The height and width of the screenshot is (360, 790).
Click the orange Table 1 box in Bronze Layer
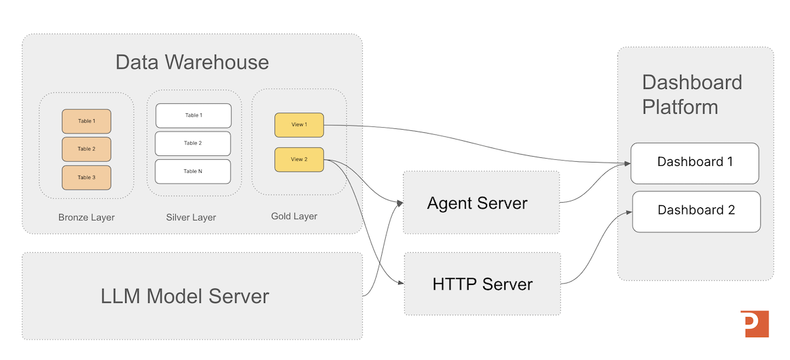pyautogui.click(x=86, y=121)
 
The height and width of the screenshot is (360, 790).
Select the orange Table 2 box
pyautogui.click(x=86, y=149)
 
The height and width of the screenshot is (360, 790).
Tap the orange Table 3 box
pyautogui.click(x=86, y=178)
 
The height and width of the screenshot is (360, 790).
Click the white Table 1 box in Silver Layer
pyautogui.click(x=193, y=116)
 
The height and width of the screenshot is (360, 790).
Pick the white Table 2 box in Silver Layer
pyautogui.click(x=193, y=143)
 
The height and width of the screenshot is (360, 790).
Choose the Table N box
pyautogui.click(x=193, y=172)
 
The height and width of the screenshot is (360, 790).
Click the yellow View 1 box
pyautogui.click(x=299, y=124)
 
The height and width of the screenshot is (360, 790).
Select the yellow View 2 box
pyautogui.click(x=299, y=159)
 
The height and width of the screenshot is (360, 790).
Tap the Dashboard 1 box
pyautogui.click(x=695, y=163)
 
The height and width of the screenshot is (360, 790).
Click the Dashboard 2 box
pyautogui.click(x=696, y=211)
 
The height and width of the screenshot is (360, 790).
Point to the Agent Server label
pyautogui.click(x=477, y=203)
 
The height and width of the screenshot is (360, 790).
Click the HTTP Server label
pyautogui.click(x=482, y=284)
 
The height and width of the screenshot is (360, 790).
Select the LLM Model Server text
pyautogui.click(x=185, y=296)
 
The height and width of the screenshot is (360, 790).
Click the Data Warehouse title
pyautogui.click(x=192, y=63)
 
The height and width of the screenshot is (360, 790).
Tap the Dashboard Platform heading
pyautogui.click(x=692, y=94)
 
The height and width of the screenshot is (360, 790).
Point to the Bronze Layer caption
pyautogui.click(x=86, y=217)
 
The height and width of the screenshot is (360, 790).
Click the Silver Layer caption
pyautogui.click(x=191, y=217)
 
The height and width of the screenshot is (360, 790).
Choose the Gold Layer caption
pyautogui.click(x=294, y=216)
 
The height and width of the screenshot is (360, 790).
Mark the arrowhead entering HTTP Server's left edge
pyautogui.click(x=400, y=284)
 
